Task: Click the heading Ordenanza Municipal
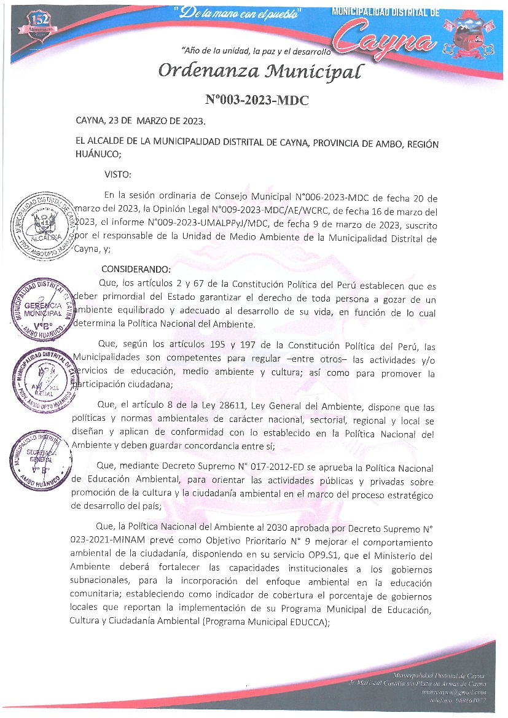click(x=257, y=71)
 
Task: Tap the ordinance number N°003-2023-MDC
click(x=256, y=101)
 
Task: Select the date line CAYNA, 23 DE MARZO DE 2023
click(x=141, y=120)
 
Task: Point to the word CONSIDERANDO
click(x=136, y=269)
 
